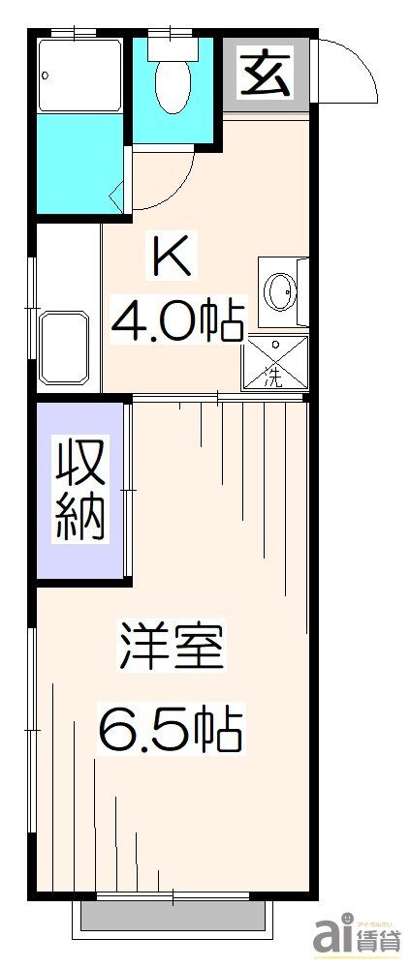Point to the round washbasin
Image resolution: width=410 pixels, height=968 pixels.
[x=282, y=290]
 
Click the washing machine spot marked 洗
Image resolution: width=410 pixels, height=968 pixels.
[x=275, y=363]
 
